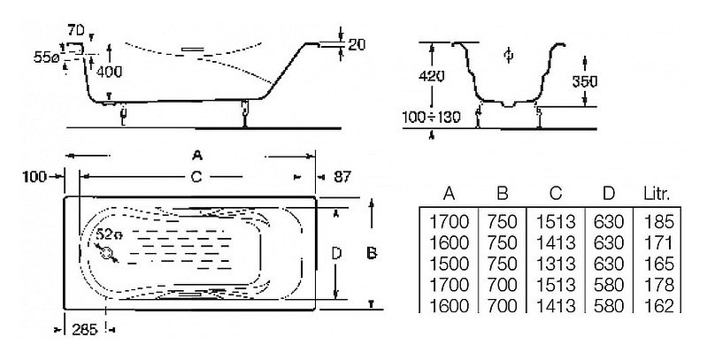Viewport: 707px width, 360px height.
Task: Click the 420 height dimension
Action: click(432, 75)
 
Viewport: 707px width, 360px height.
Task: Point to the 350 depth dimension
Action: click(584, 81)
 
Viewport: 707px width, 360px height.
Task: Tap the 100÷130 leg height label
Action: click(432, 117)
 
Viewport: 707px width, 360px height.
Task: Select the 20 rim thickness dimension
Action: click(357, 44)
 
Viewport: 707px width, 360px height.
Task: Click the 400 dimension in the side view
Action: click(109, 71)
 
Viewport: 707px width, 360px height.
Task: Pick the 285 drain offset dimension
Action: click(85, 330)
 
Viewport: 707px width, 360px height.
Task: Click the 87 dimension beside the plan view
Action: click(342, 177)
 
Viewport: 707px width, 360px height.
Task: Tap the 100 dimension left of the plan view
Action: click(35, 177)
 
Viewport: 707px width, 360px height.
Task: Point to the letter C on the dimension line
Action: click(196, 177)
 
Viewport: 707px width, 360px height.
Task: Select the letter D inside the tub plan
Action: click(336, 254)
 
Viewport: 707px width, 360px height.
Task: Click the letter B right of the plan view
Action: click(372, 254)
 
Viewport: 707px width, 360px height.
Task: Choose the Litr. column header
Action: click(657, 194)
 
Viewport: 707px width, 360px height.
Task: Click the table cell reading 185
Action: click(658, 222)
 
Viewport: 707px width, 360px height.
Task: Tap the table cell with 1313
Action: click(556, 264)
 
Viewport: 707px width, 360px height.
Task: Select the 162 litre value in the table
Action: click(658, 306)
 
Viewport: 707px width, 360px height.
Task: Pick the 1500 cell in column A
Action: click(450, 264)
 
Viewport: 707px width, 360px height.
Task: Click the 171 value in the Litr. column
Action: click(658, 243)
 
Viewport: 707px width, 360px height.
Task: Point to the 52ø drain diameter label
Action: click(109, 234)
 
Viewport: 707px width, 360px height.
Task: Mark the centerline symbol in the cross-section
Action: click(509, 55)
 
